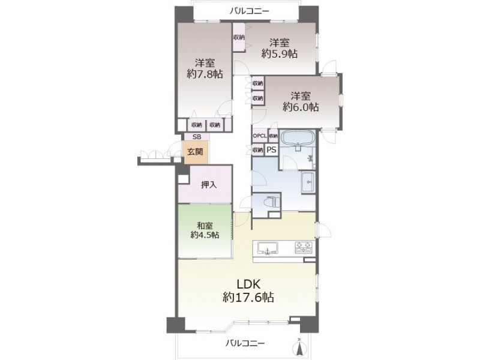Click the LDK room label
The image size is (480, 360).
coord(248,284)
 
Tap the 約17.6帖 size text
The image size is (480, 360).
coord(248,297)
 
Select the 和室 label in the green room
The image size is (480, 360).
coord(205,226)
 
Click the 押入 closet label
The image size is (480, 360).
coord(209,185)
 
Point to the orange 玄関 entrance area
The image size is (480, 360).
coord(196,152)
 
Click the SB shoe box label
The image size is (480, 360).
coord(197,137)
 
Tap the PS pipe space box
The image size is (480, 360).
coord(272,150)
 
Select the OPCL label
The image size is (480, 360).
coord(260,136)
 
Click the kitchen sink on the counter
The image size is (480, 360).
coord(268,248)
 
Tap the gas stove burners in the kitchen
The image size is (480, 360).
coord(304,247)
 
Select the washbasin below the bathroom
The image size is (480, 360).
coord(308,182)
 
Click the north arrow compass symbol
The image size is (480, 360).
coord(299,347)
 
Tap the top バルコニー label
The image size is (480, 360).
coord(250,11)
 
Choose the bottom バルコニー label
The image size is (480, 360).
coord(245,343)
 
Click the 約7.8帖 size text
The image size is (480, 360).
coord(205,74)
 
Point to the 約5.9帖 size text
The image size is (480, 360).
coord(279,53)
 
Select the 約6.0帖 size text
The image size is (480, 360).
coord(301,107)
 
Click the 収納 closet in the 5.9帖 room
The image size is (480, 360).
coord(239,38)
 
